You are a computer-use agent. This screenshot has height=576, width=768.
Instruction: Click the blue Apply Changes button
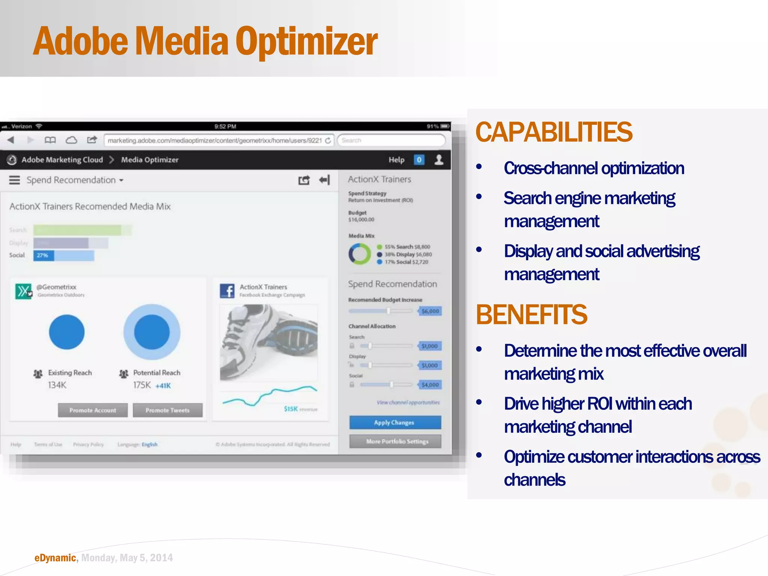point(395,422)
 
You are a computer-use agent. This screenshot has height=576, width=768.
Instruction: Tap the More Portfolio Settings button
point(395,441)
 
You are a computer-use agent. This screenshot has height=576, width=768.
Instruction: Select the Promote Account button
point(93,410)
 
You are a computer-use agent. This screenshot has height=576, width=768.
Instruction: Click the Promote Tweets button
point(168,410)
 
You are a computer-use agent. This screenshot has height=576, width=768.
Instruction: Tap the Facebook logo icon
point(227,291)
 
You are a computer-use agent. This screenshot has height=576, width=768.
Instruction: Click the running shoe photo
point(269,342)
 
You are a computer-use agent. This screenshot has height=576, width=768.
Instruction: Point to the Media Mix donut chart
point(359,254)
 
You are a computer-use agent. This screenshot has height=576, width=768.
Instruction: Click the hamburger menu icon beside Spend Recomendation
point(15,180)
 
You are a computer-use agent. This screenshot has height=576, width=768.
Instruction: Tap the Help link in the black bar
point(396,160)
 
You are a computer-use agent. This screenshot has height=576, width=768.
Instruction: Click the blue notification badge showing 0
point(419,160)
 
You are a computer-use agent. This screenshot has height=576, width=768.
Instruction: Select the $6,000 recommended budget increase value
point(430,311)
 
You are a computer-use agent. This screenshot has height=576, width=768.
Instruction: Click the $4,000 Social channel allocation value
point(430,384)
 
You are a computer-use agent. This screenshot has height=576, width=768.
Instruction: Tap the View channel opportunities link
point(408,402)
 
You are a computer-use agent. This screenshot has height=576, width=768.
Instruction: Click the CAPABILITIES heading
point(553,132)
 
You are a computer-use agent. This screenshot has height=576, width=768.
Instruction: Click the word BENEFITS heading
point(531,314)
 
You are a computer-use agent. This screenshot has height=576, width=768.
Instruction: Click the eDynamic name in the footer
point(55,558)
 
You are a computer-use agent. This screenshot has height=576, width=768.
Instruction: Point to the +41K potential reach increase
point(163,385)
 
